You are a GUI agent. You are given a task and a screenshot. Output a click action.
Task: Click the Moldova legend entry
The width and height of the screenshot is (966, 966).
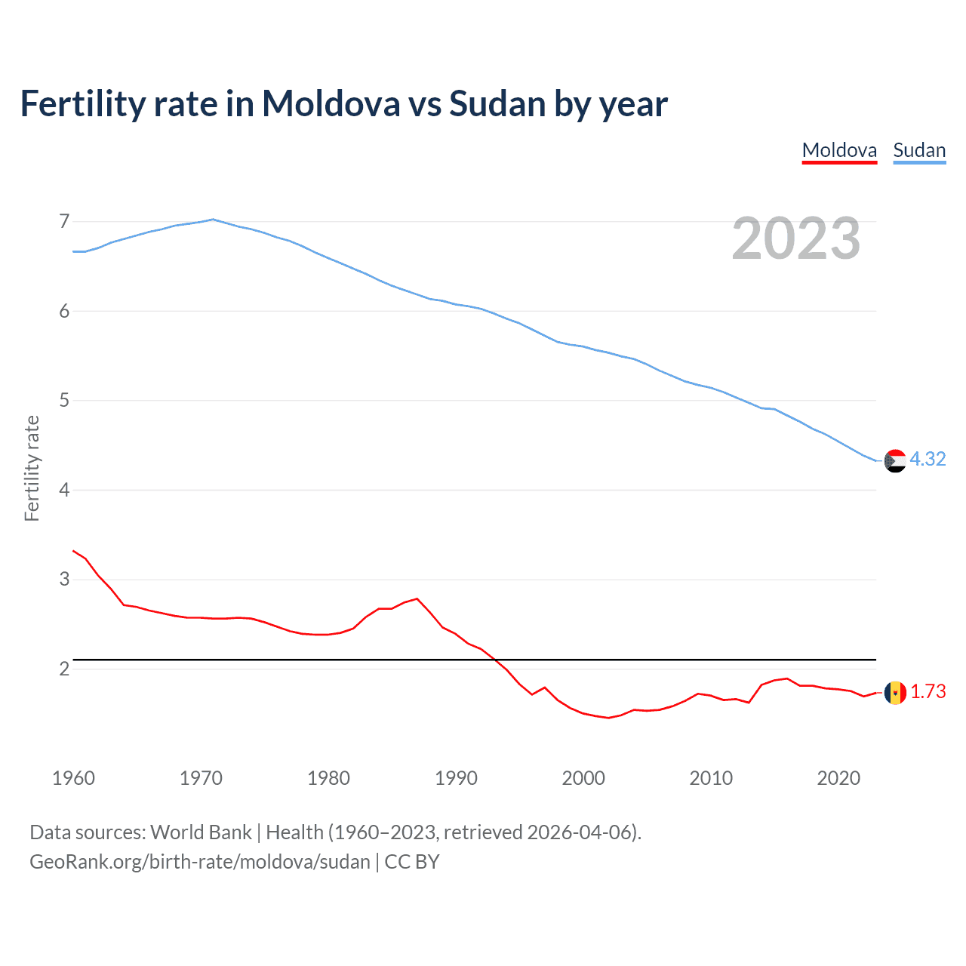839,150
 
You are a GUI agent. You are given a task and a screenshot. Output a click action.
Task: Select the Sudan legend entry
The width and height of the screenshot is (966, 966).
919,150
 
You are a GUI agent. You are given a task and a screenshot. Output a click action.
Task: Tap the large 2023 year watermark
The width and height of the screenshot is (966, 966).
795,238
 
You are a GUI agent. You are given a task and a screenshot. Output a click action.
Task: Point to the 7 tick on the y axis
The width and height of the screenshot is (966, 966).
64,221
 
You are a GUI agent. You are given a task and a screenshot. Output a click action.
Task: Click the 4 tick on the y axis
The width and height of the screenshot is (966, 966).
64,490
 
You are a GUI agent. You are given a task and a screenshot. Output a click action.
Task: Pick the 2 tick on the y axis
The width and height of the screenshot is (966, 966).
64,669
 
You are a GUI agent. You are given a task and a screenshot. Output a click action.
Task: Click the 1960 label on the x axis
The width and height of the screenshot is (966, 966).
73,778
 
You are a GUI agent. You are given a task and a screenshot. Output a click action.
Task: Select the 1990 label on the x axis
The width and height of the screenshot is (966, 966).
456,778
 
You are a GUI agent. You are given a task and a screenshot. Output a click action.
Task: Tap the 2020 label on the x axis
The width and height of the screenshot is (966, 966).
838,778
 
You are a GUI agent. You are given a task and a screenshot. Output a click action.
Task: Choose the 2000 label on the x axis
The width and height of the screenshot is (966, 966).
583,778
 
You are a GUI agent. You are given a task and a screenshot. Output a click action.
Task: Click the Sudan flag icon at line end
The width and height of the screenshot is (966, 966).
895,460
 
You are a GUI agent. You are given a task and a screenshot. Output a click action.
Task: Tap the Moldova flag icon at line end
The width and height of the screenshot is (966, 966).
895,693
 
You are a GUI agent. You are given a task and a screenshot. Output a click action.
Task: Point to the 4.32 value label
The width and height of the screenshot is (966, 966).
928,459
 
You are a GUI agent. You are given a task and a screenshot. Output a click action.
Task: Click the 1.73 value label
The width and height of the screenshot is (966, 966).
928,691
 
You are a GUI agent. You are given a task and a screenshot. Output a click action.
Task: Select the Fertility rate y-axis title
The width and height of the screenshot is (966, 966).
32,468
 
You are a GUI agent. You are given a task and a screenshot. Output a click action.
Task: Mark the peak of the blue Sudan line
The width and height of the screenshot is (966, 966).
213,220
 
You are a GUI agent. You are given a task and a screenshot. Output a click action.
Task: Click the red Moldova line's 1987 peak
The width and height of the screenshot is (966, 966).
417,598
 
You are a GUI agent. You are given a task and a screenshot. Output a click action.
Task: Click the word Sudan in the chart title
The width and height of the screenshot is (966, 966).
496,103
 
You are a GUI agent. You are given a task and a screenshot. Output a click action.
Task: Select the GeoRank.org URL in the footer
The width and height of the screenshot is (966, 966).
200,862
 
